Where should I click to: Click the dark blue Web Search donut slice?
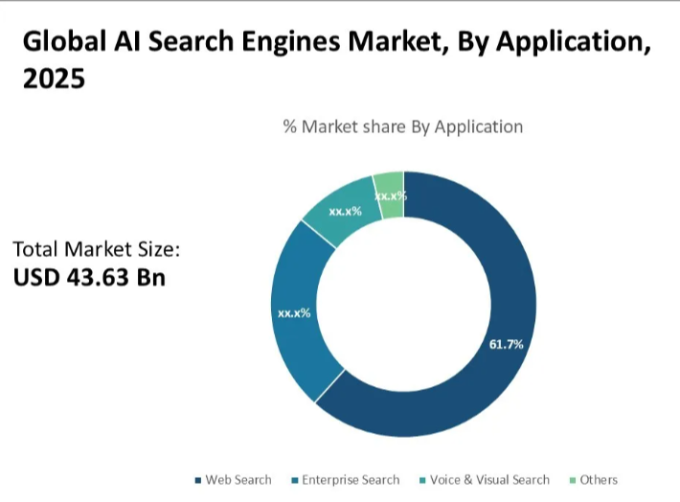point(479,383)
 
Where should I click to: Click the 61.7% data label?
point(506,344)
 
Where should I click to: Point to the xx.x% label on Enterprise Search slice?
point(293,313)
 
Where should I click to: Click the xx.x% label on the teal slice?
point(345,211)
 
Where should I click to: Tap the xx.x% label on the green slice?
point(390,195)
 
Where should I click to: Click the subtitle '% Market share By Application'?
point(402,126)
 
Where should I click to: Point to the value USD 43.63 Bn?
point(89,277)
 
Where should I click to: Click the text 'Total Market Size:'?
point(96,249)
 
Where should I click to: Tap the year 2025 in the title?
point(54,79)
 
